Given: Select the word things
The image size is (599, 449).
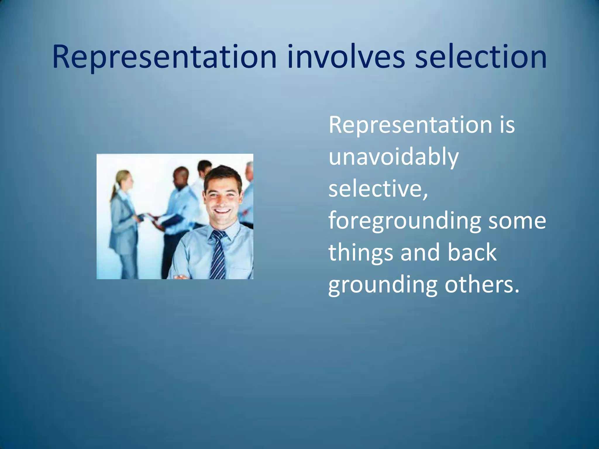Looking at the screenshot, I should pos(361,253).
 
